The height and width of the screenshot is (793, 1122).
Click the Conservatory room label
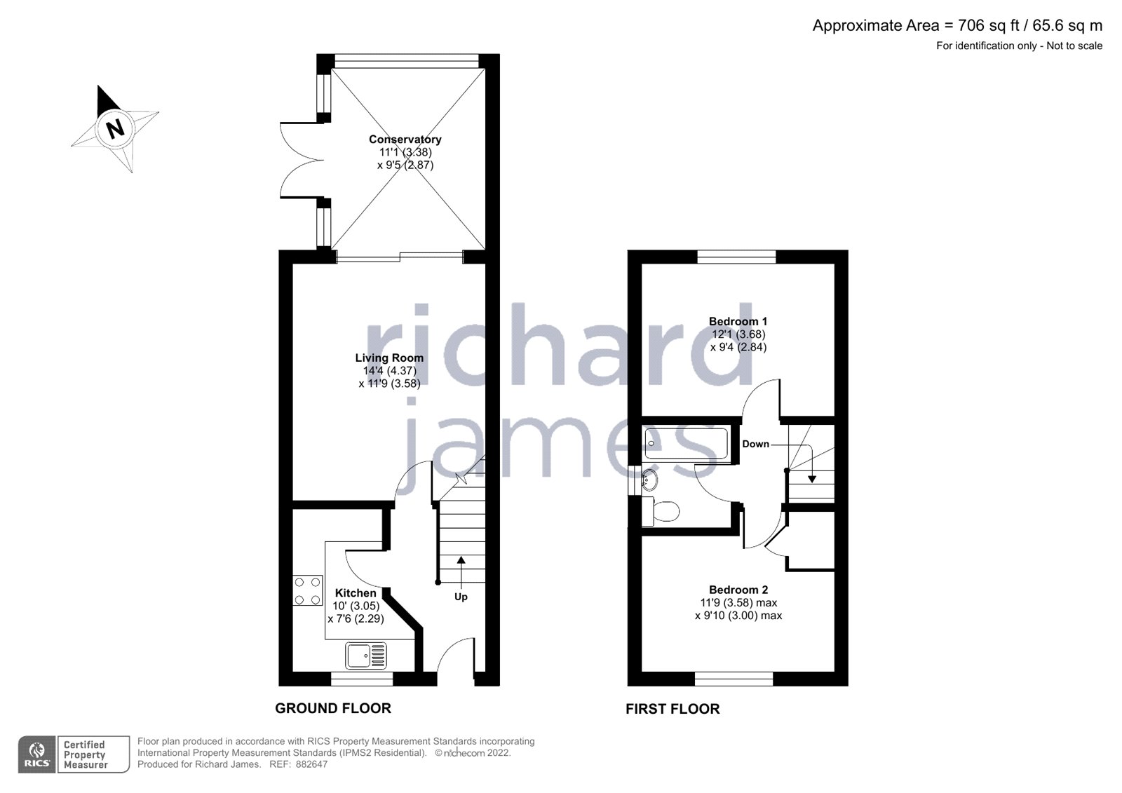pos(405,140)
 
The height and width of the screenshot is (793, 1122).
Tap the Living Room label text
pos(389,358)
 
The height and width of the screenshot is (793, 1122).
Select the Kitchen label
pos(356,593)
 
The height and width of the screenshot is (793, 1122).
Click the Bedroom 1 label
pos(738,322)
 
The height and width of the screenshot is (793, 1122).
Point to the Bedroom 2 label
pos(738,590)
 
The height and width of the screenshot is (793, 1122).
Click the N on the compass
pos(114,128)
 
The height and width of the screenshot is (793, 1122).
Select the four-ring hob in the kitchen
pos(307,590)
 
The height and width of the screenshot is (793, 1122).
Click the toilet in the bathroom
pos(661,511)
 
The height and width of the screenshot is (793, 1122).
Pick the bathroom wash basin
pos(649,481)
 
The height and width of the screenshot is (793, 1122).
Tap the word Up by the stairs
pos(461,597)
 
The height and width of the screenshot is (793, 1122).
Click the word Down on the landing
pos(755,444)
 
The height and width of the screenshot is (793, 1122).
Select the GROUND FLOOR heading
pos(332,708)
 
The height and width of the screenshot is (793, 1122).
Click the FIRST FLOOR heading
pos(672,709)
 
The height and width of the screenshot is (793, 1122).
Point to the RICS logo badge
pos(36,754)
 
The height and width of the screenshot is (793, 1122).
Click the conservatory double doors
pos(298,160)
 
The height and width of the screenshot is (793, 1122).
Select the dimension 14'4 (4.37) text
pos(389,371)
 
